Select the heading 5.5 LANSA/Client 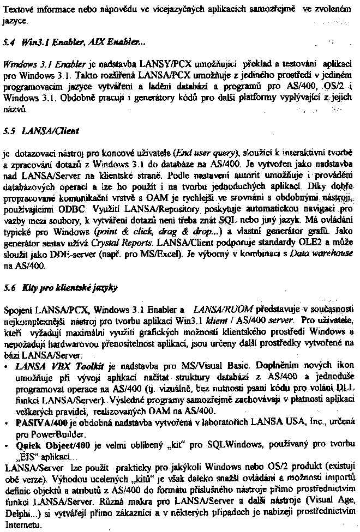[x=41, y=131]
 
